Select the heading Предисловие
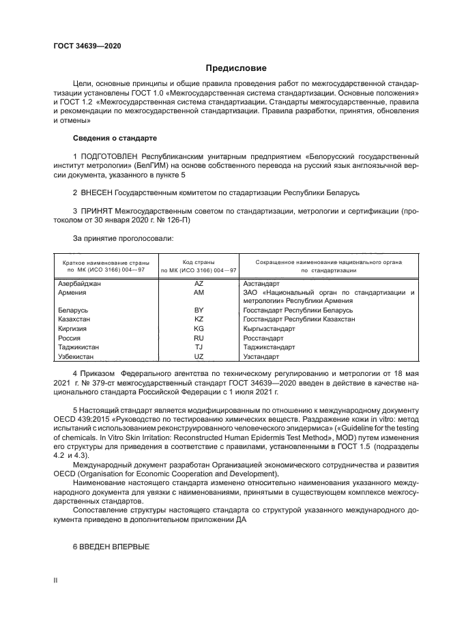236,68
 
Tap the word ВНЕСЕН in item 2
97,193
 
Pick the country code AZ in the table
199,283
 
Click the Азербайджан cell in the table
79,283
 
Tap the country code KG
199,328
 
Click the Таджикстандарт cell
269,347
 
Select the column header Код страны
199,262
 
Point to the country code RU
199,337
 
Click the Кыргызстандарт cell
269,328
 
